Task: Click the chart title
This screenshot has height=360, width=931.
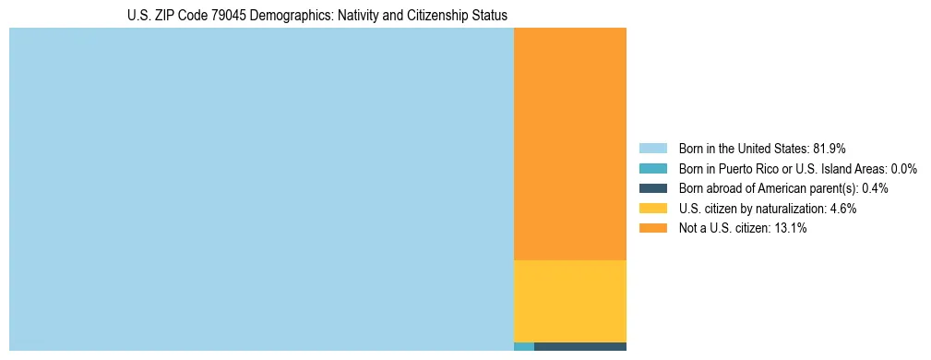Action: (316, 16)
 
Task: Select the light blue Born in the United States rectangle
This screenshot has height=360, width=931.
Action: (261, 189)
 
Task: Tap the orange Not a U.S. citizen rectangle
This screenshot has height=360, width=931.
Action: (569, 144)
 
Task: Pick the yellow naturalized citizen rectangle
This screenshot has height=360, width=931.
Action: (569, 301)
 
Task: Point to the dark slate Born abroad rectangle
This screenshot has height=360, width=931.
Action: (579, 346)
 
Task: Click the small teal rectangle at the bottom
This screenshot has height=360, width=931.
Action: (523, 346)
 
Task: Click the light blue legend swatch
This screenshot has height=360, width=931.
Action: (652, 148)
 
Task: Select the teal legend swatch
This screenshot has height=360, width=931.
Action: (652, 168)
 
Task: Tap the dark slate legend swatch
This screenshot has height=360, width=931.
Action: (652, 188)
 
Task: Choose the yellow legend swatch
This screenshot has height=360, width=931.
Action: (652, 209)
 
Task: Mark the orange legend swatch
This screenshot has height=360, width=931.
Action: (652, 229)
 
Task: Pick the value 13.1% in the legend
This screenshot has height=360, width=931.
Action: (792, 229)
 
